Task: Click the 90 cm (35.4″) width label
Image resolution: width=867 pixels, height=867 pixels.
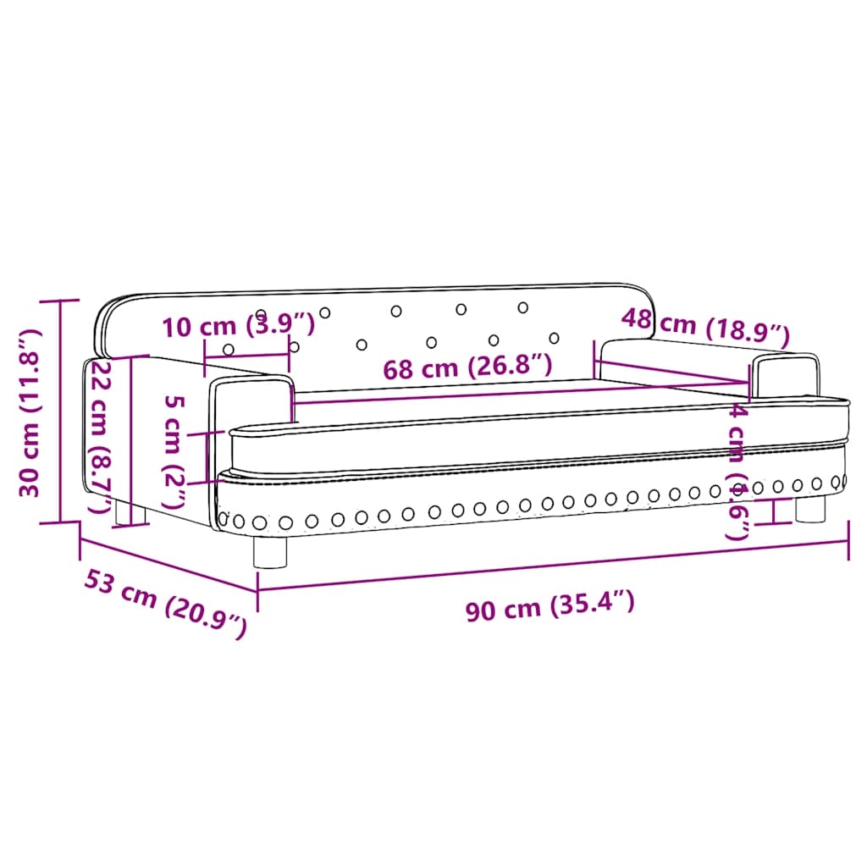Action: click(549, 605)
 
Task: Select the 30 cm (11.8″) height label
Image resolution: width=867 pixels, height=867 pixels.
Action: click(30, 412)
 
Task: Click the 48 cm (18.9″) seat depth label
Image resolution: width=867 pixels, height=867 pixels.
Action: click(705, 326)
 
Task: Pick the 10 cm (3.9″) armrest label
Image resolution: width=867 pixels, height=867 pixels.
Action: click(238, 326)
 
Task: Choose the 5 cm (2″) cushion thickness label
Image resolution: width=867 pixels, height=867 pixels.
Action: click(174, 451)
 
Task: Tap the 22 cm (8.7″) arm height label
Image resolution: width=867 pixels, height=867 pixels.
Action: click(101, 435)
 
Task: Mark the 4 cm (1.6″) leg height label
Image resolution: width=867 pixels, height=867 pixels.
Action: click(738, 471)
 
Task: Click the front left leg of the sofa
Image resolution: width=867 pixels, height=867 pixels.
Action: click(270, 552)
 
